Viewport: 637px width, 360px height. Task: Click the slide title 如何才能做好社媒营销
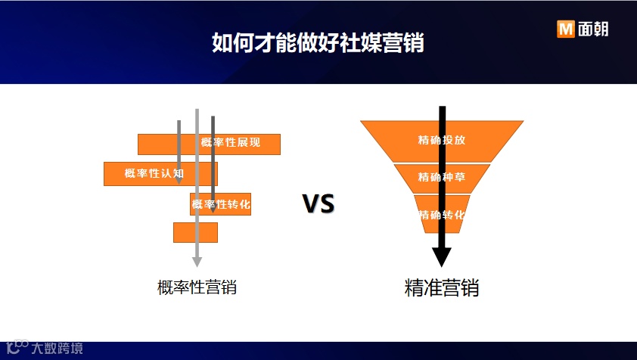(x=318, y=42)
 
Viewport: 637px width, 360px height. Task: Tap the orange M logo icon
(x=565, y=29)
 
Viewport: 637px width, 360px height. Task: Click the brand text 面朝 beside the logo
(x=592, y=29)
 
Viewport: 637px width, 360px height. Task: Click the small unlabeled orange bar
(x=185, y=232)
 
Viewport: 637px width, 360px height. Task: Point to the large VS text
(x=318, y=204)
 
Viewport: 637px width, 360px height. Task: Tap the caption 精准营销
(x=442, y=288)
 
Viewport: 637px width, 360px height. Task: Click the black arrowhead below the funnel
(x=442, y=257)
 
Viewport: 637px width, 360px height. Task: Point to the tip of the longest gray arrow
(x=197, y=263)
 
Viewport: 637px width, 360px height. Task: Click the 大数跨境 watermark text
(x=57, y=349)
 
